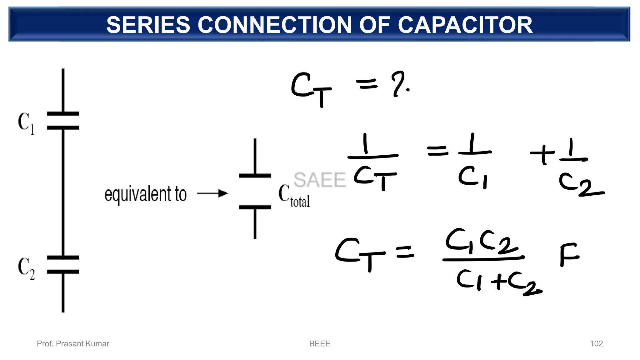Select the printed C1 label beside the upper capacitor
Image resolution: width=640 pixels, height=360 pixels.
(x=26, y=123)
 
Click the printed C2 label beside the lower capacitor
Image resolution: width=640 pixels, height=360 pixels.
(x=26, y=268)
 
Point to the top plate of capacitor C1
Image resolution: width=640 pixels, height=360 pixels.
(x=63, y=114)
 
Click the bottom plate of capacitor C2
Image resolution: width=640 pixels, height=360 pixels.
(x=63, y=272)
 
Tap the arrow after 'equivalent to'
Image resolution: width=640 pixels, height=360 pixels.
(x=212, y=194)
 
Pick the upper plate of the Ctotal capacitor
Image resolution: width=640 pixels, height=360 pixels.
(x=255, y=176)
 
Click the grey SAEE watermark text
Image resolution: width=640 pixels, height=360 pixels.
(x=319, y=180)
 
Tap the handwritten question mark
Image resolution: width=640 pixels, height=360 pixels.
(x=398, y=84)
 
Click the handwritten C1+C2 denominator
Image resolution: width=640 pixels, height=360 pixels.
(x=498, y=281)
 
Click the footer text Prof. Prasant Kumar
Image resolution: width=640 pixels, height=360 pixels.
(x=73, y=344)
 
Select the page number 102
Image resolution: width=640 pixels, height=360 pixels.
(x=596, y=344)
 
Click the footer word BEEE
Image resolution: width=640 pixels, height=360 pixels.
(x=319, y=344)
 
